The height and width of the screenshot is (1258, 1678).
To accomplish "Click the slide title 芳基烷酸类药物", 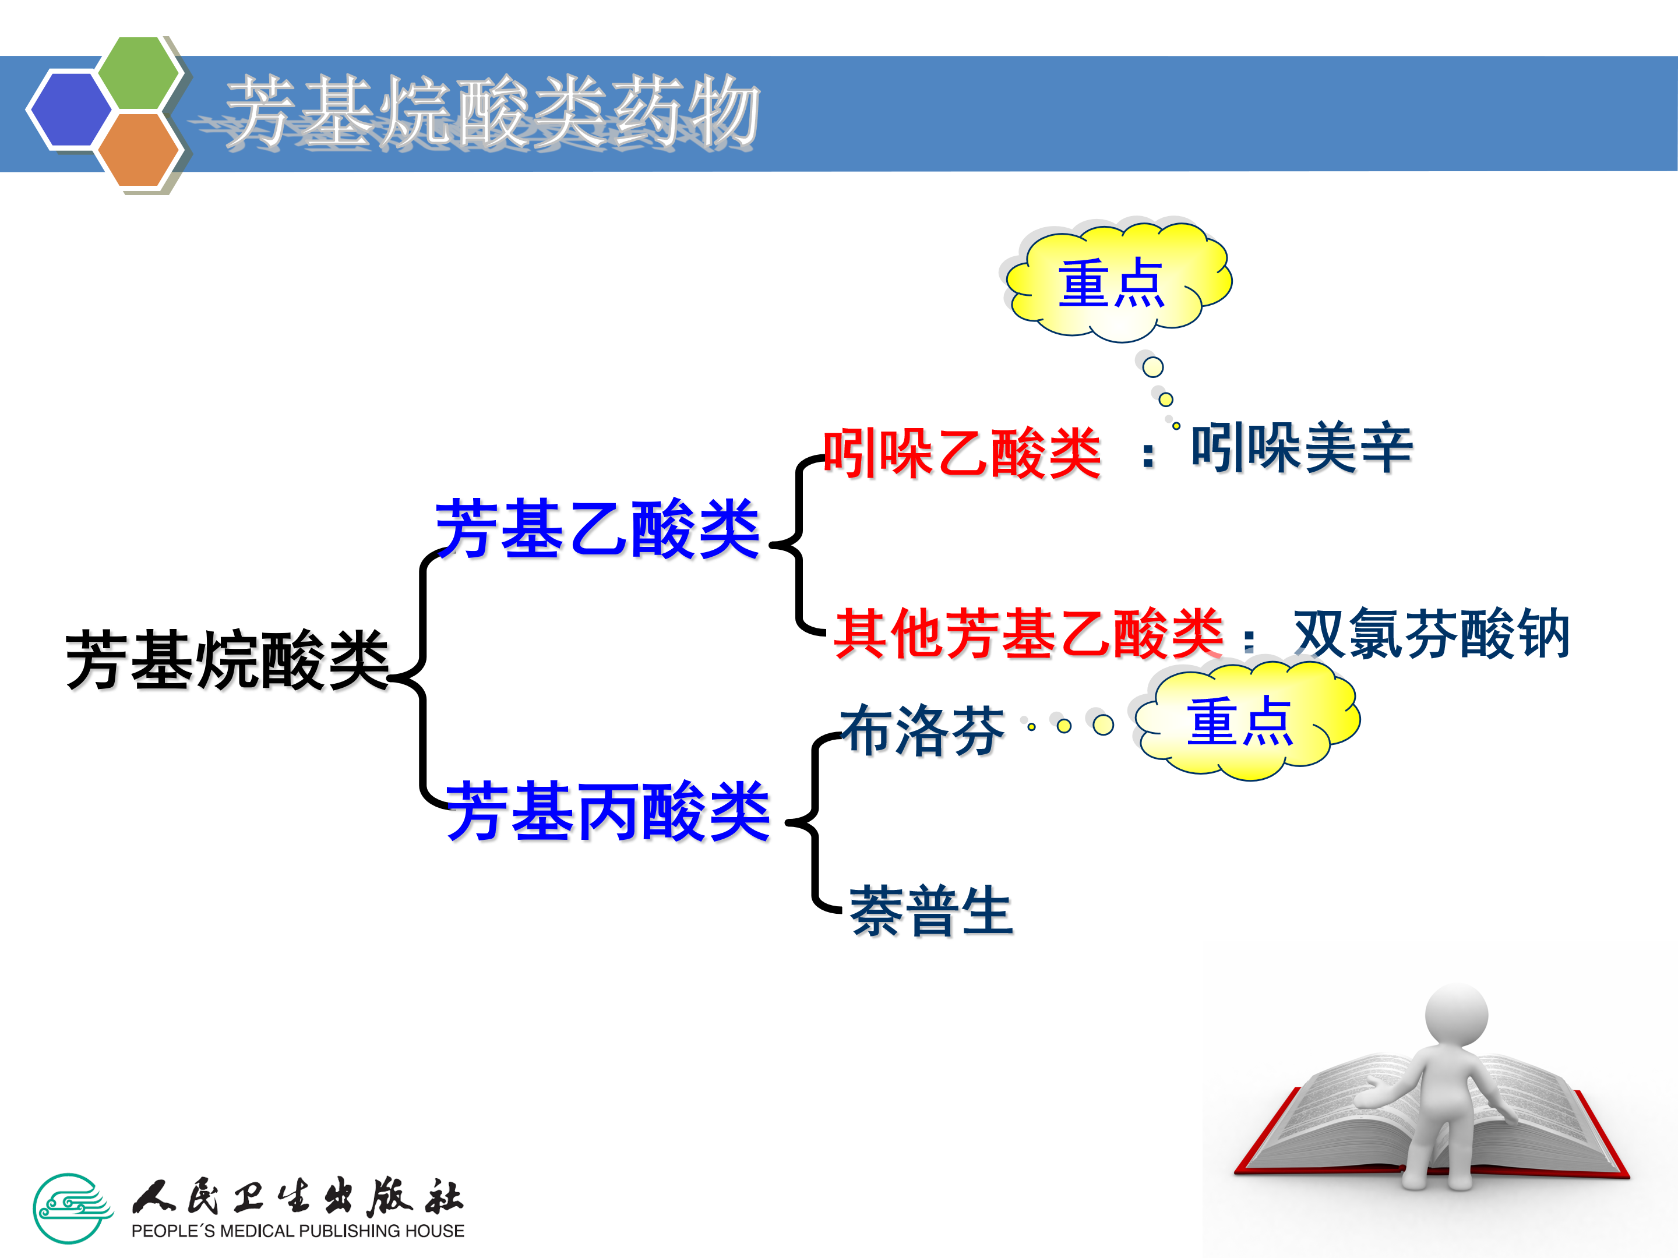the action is pyautogui.click(x=493, y=112).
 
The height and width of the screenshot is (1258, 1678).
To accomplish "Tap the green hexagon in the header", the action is pyautogui.click(x=139, y=73).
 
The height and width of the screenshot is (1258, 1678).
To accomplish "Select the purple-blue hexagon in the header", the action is pyautogui.click(x=70, y=108).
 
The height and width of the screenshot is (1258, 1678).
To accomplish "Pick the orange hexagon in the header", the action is pyautogui.click(x=139, y=149).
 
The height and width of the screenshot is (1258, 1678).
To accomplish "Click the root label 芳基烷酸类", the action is pyautogui.click(x=228, y=660).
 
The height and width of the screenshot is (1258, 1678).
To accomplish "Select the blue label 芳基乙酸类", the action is pyautogui.click(x=598, y=529).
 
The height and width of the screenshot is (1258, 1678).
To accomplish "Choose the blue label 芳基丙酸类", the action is pyautogui.click(x=608, y=811).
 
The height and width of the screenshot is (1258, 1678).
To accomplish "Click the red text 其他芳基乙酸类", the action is pyautogui.click(x=1028, y=633).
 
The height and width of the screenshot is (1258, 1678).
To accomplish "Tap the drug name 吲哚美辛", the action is pyautogui.click(x=1301, y=447).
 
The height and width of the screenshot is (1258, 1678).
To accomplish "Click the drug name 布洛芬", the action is pyautogui.click(x=922, y=730).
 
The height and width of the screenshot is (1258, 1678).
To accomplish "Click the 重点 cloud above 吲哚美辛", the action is pyautogui.click(x=1115, y=282).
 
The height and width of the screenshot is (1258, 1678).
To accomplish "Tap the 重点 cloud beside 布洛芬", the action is pyautogui.click(x=1244, y=720).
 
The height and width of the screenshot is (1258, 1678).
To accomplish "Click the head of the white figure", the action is pyautogui.click(x=1456, y=1015).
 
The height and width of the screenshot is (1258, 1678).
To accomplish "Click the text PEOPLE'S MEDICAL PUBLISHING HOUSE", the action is pyautogui.click(x=297, y=1231).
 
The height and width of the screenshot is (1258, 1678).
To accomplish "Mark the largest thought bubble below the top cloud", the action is pyautogui.click(x=1153, y=367).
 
